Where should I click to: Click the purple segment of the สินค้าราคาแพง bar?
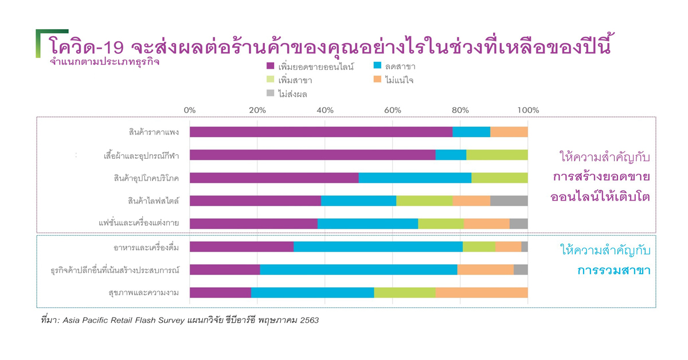click(321, 132)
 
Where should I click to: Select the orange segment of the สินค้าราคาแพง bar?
click(509, 132)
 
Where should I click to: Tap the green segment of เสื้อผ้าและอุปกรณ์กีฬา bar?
click(497, 155)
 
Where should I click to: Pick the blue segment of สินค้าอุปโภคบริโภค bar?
click(415, 178)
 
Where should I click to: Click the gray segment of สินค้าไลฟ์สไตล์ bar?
click(509, 201)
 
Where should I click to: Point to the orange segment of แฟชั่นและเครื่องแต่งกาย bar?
click(487, 224)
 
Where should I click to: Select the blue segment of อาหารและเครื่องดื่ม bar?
click(378, 246)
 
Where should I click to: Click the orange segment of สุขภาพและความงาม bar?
click(482, 292)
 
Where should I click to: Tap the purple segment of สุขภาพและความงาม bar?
click(220, 292)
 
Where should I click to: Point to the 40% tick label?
click(325, 110)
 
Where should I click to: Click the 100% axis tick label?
click(528, 110)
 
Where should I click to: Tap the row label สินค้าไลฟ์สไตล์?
click(154, 201)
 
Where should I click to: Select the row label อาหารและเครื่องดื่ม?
click(146, 247)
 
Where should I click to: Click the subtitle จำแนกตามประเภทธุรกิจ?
click(104, 62)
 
